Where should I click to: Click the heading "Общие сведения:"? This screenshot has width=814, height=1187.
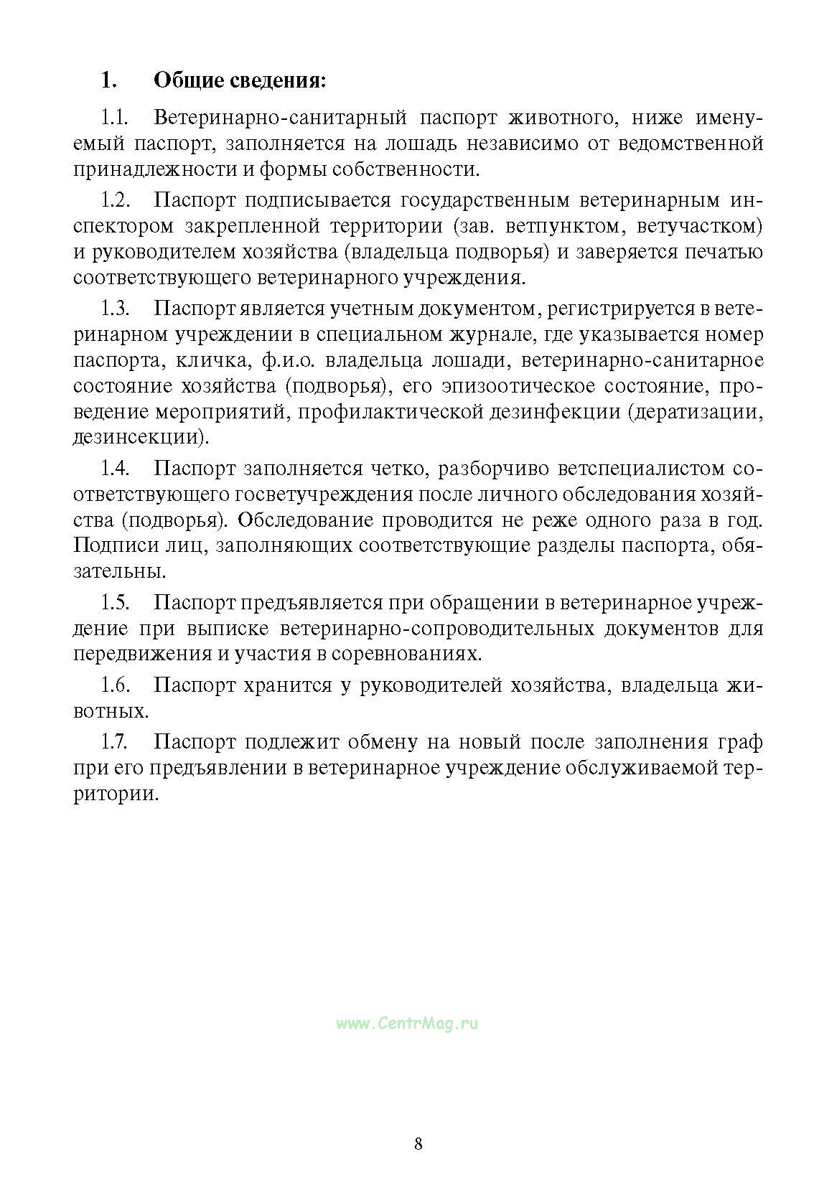[x=240, y=80]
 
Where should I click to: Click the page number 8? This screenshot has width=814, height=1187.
[x=418, y=1144]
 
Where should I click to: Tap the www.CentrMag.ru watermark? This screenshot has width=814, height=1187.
[x=407, y=1024]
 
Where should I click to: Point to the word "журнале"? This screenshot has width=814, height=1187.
[x=495, y=334]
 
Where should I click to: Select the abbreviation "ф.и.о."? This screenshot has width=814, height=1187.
[x=266, y=360]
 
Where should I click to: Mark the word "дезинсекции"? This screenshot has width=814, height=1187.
[x=139, y=437]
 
